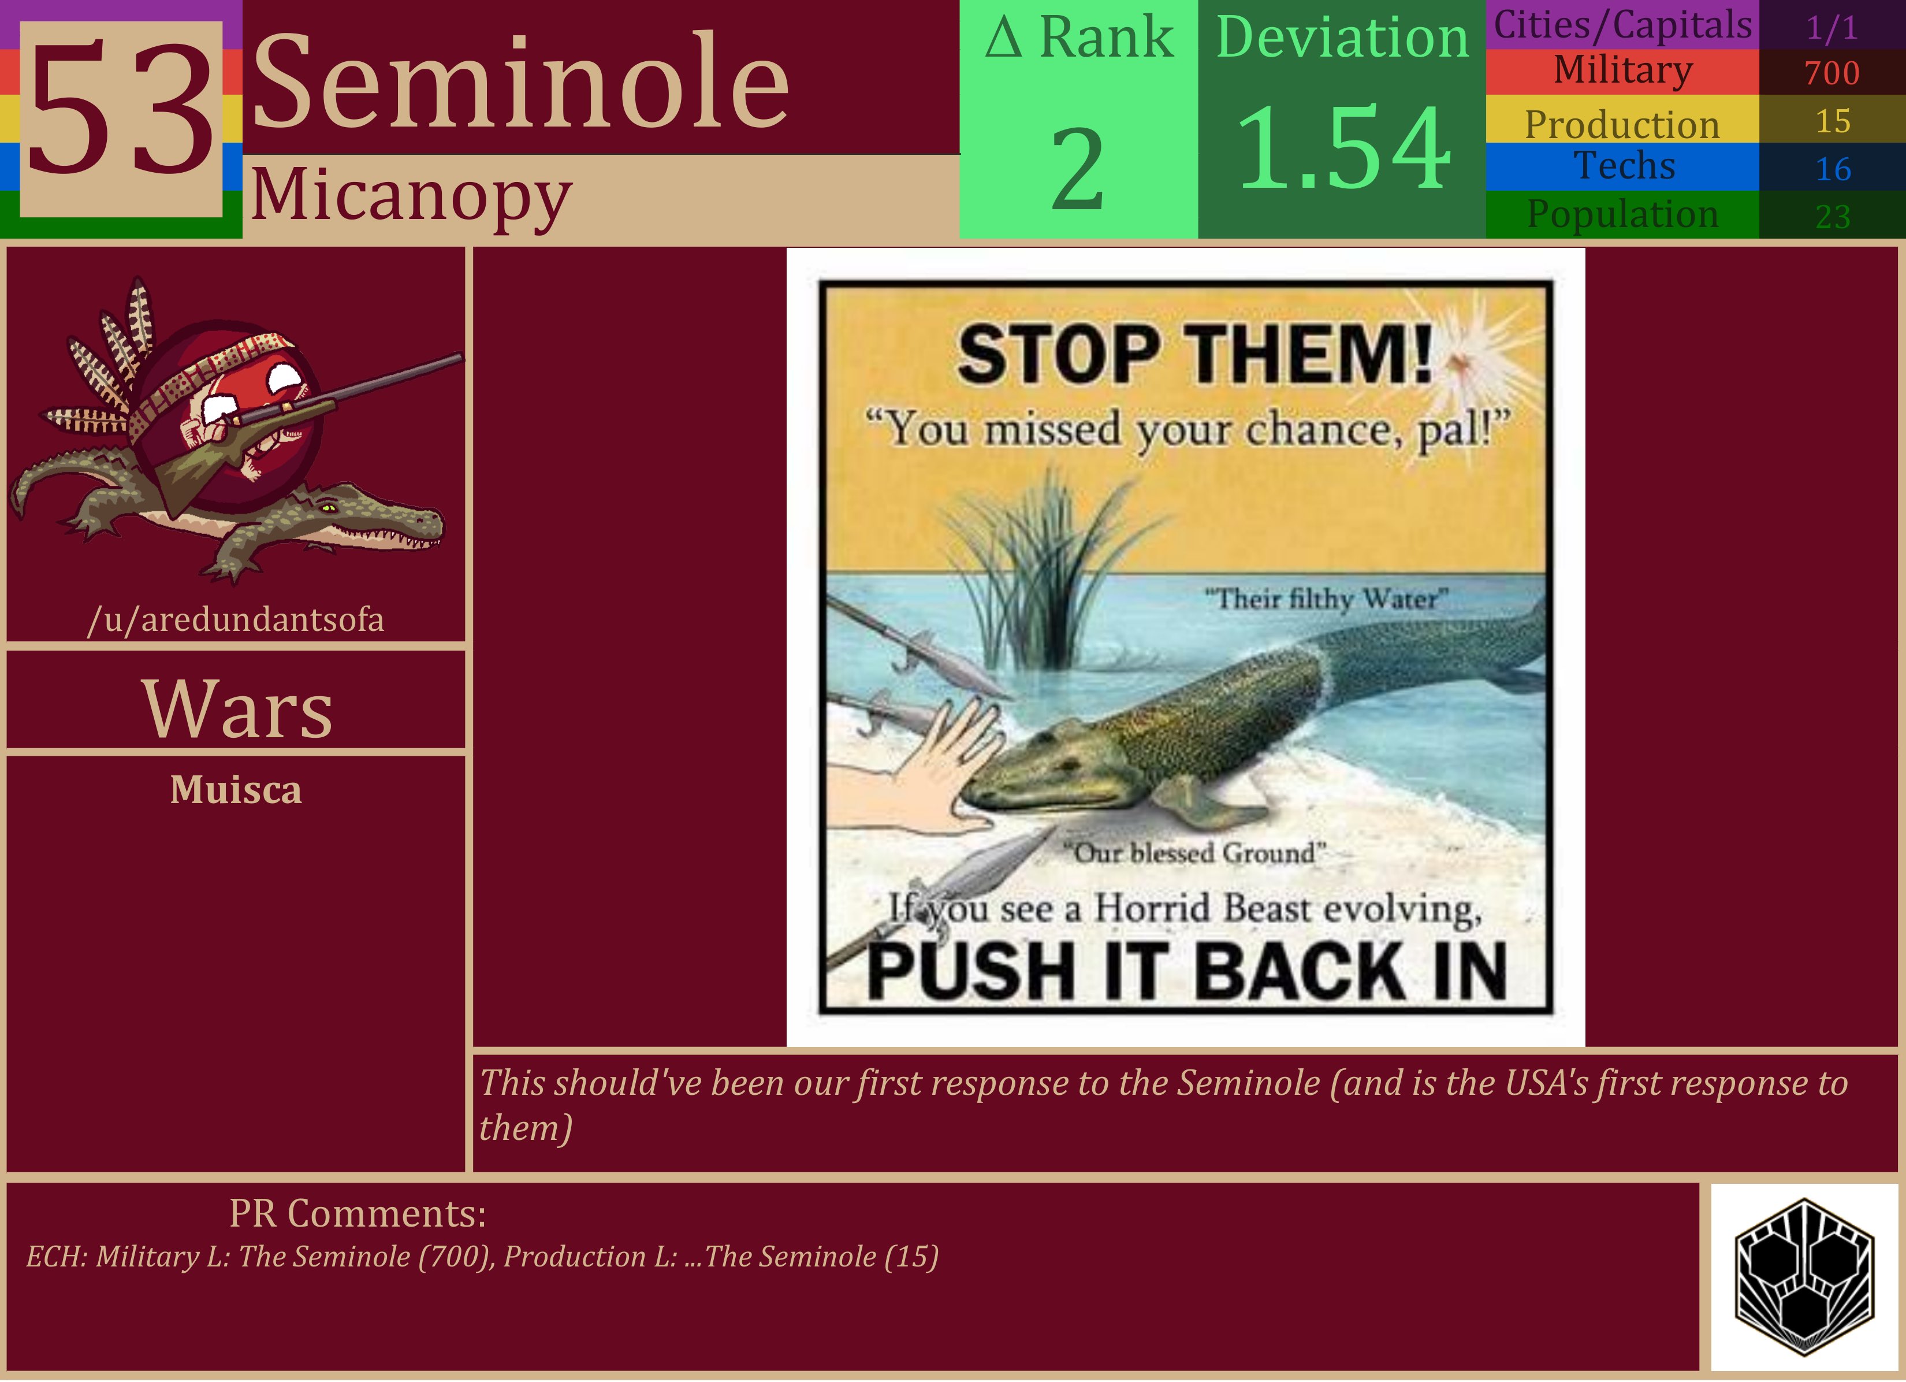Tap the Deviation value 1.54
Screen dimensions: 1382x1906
(1342, 149)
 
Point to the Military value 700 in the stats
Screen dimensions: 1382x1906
(1832, 73)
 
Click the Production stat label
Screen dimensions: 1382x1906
(1622, 124)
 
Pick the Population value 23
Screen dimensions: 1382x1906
(1833, 217)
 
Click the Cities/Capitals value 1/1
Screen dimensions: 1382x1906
(1832, 28)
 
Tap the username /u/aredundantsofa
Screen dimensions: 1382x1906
(236, 619)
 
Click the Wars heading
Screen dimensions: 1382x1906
(237, 709)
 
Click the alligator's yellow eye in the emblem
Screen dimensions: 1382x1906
(329, 508)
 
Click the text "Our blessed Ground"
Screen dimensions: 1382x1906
(1194, 853)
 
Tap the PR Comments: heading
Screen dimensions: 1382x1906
(358, 1214)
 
